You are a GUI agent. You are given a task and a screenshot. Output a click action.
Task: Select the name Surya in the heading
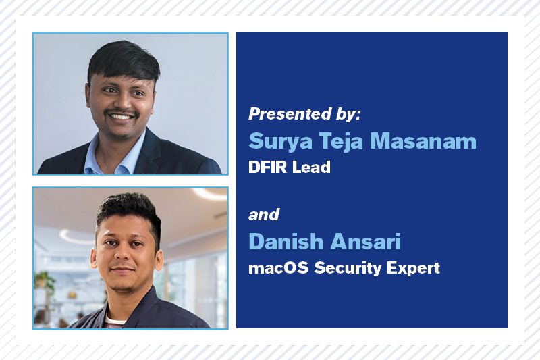pos(280,141)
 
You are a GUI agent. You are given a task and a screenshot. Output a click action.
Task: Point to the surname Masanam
pos(423,141)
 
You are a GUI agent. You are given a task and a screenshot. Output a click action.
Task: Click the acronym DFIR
pos(267,167)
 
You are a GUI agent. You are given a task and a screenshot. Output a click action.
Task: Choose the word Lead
pos(311,167)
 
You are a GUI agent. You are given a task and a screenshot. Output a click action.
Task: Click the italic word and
pos(264,215)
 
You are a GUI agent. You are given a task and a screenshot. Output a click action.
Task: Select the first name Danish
pos(286,241)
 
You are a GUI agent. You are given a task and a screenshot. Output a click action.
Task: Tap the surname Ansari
pos(366,241)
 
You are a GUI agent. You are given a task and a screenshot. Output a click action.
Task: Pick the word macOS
pos(278,268)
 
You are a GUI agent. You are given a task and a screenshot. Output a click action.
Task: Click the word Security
pos(348,268)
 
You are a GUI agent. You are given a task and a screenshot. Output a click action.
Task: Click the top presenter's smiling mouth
pos(121,116)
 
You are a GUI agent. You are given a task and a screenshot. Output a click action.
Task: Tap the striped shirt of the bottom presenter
pos(115,322)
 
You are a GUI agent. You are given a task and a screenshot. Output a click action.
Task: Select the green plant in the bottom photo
pos(44,281)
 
